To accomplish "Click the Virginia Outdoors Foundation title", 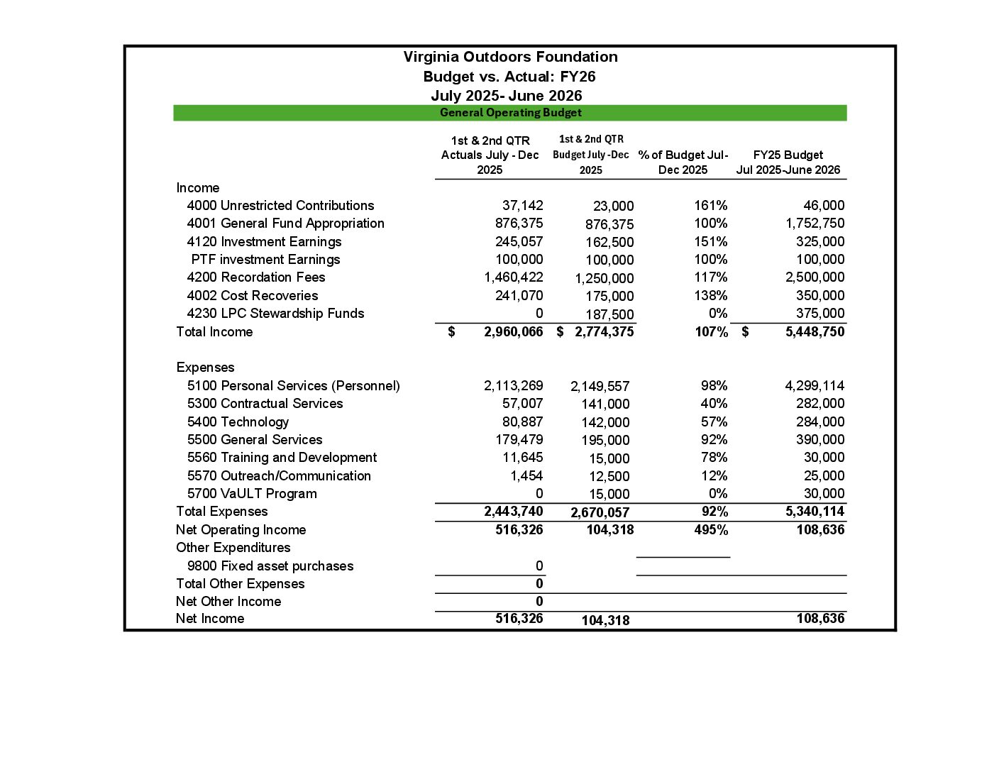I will coord(510,57).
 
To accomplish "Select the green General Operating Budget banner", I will coord(510,113).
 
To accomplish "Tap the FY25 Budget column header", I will coord(788,162).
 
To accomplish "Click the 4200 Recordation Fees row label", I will coord(255,277).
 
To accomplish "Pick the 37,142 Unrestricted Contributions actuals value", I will coord(522,206).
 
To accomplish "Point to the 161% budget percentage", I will coord(710,206).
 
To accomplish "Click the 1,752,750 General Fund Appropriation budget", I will coord(815,224).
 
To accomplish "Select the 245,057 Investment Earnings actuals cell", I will coord(519,242).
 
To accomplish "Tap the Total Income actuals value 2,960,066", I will coord(513,332).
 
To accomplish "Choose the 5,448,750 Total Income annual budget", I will coord(815,332).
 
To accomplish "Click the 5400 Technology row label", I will coord(238,422).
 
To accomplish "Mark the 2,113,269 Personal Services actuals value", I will coord(513,386).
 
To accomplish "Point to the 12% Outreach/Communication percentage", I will coord(714,476).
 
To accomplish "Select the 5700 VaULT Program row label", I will coord(252,494).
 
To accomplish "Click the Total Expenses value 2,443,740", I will coord(513,512).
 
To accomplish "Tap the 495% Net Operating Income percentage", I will coord(711,530).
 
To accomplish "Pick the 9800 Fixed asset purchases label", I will coord(270,566).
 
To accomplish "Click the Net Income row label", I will coord(210,619).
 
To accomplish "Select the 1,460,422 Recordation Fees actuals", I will coord(513,277).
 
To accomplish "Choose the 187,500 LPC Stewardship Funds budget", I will coord(609,314).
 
